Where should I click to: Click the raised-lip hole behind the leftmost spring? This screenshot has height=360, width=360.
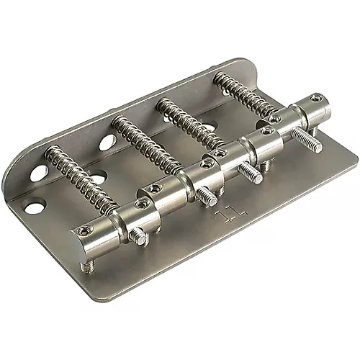pyautogui.click(x=39, y=173)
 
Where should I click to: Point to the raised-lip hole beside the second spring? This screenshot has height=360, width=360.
pyautogui.click(x=107, y=142)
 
